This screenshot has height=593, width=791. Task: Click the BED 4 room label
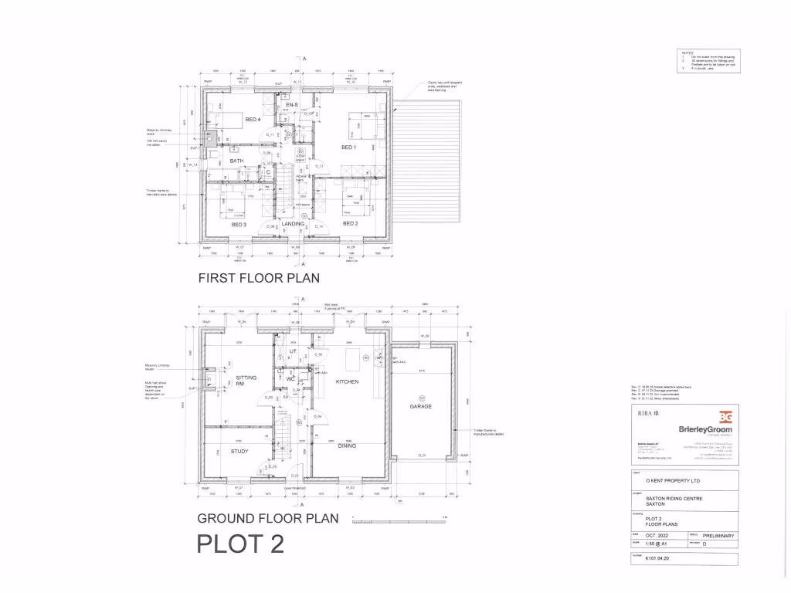pos(253,120)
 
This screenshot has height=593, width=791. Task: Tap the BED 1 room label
pos(348,147)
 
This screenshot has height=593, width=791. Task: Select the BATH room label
pos(236,161)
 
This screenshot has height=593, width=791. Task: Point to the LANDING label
pos(293,224)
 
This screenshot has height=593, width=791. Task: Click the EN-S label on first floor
pos(291,104)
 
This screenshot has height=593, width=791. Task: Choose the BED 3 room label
pos(239,224)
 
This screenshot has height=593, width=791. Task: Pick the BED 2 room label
pos(350,224)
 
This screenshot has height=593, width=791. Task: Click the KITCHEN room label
pos(348,381)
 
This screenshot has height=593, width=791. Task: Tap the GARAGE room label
pos(421,406)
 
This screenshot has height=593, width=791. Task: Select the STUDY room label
pos(239,451)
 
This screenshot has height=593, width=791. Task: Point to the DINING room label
pos(347,445)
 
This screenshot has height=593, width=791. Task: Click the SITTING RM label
pos(246,381)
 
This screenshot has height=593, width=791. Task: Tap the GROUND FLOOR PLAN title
pos(268,518)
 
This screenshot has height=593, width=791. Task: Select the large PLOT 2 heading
pos(241,544)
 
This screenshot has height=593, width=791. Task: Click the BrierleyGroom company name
pos(705,430)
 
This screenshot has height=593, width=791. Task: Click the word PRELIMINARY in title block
pos(718,535)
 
